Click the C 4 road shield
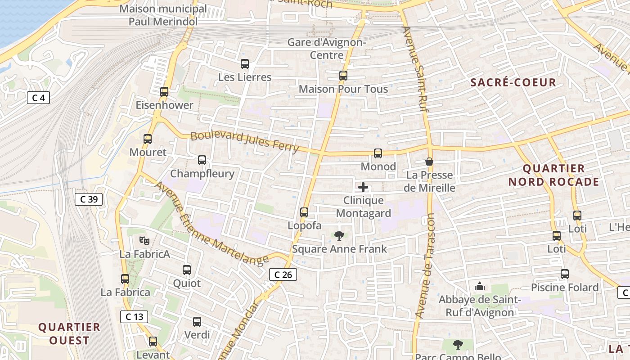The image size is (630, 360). pyautogui.click(x=38, y=98)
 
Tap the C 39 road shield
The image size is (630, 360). pyautogui.click(x=89, y=199)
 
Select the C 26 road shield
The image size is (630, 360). pyautogui.click(x=283, y=274)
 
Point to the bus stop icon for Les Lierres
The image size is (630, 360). pyautogui.click(x=245, y=64)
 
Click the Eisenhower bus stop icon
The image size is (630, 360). pyautogui.click(x=164, y=92)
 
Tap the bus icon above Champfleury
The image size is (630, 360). pyautogui.click(x=202, y=160)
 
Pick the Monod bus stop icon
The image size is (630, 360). pyautogui.click(x=378, y=153)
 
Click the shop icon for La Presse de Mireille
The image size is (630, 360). pyautogui.click(x=429, y=162)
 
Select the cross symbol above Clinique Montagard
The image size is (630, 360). pyautogui.click(x=363, y=187)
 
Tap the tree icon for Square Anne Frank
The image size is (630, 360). pyautogui.click(x=339, y=235)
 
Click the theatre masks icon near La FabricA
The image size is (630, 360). pyautogui.click(x=144, y=241)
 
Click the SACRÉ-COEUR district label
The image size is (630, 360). pyautogui.click(x=513, y=82)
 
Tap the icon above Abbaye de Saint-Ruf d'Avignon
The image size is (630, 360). pyautogui.click(x=480, y=286)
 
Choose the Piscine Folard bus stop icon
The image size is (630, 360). pyautogui.click(x=565, y=274)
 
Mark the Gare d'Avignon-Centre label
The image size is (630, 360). pyautogui.click(x=327, y=49)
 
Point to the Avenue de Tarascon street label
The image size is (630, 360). pyautogui.click(x=425, y=265)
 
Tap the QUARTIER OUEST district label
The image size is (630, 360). pyautogui.click(x=69, y=333)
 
